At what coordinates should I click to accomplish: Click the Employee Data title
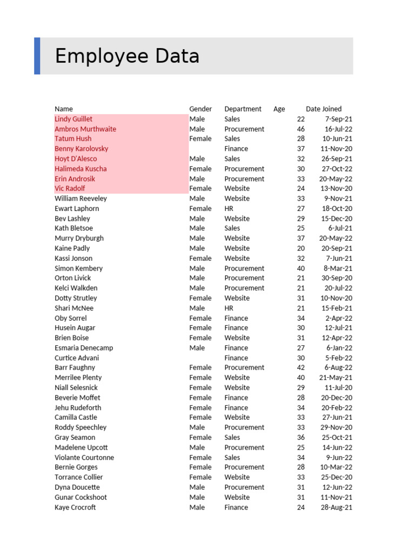[x=127, y=56]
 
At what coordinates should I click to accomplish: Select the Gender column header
[x=200, y=109]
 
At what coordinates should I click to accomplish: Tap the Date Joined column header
[x=324, y=109]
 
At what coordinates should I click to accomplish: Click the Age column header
[x=279, y=109]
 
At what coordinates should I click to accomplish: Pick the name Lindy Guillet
[x=73, y=119]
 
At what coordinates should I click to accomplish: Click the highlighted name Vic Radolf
[x=70, y=188]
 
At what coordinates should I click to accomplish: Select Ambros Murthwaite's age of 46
[x=301, y=129]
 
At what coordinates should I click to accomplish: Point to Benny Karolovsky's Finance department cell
[x=236, y=149]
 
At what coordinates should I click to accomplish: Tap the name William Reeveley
[x=81, y=199]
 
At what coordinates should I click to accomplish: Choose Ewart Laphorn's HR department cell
[x=229, y=208]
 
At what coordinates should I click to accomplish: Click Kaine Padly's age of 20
[x=301, y=248]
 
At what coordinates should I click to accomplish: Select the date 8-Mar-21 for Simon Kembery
[x=338, y=268]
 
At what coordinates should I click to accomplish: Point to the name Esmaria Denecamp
[x=83, y=348]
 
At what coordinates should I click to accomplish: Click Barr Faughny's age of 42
[x=301, y=367]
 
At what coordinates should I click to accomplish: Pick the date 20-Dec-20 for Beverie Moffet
[x=337, y=398]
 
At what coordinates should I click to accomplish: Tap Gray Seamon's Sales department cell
[x=232, y=437]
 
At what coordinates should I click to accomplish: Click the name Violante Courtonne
[x=84, y=457]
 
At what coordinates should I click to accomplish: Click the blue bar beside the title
[x=37, y=56]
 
